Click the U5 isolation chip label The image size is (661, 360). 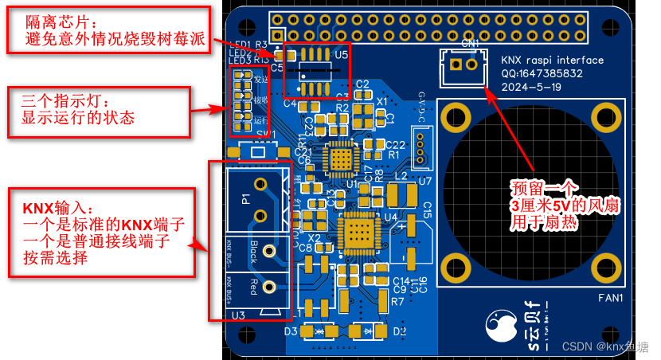pos(342,55)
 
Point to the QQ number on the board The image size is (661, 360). pos(543,73)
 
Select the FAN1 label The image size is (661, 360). pos(609,299)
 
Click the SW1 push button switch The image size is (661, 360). pos(257,151)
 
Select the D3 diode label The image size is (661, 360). pos(291,331)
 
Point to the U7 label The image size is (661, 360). pos(424,181)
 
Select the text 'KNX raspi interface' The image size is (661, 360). pos(551,60)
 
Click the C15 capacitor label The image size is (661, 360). pos(427,210)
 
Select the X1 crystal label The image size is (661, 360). pos(382,101)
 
